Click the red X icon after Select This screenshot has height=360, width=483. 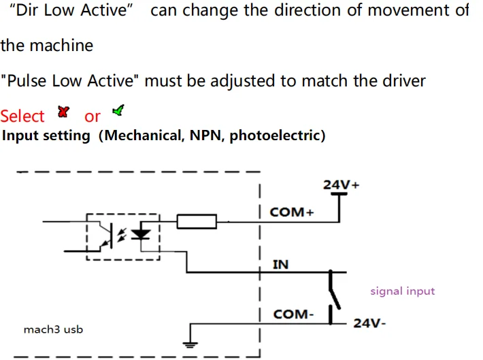[65, 112]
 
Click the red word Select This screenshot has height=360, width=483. [22, 116]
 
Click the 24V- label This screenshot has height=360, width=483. [369, 323]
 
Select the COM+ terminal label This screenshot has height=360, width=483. [292, 212]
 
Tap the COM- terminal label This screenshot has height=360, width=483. [293, 314]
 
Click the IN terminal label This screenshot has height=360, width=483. [280, 264]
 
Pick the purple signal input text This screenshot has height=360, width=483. [402, 291]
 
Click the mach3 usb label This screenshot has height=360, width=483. [54, 330]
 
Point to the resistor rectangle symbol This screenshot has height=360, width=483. [197, 221]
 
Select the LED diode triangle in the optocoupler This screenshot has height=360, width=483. [141, 233]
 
